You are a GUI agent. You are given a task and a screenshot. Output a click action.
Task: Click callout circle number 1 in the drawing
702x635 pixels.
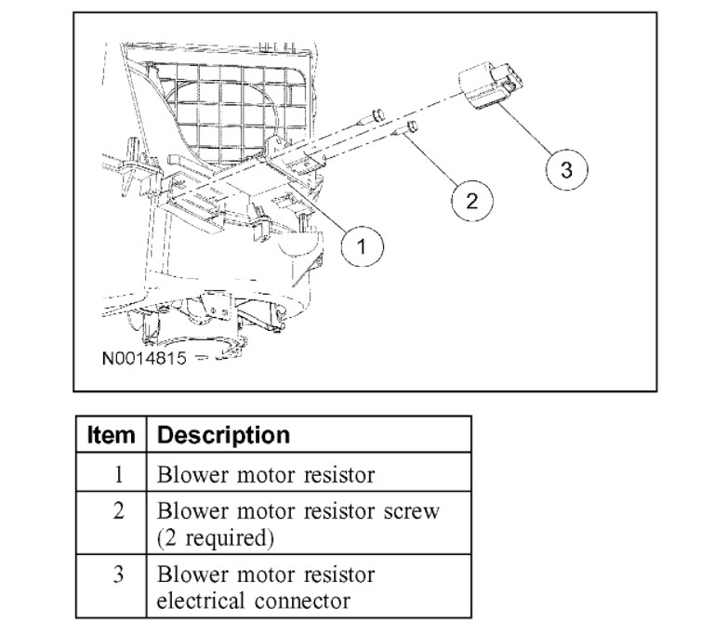point(362,246)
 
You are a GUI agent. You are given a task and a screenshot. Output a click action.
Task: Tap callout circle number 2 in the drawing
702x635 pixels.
point(472,199)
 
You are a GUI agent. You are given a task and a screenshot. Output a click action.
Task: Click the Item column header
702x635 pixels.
point(112,435)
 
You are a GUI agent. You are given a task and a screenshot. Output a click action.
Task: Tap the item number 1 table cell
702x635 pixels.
point(117,474)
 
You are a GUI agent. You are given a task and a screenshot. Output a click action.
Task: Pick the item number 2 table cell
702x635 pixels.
point(117,510)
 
